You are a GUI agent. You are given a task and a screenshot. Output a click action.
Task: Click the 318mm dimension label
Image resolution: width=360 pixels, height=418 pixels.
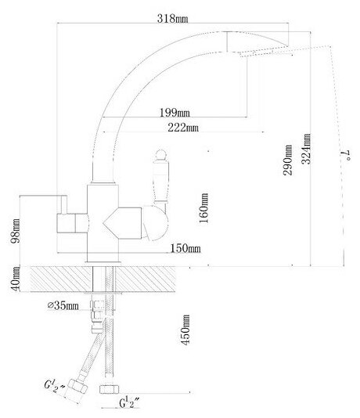coord(172,18)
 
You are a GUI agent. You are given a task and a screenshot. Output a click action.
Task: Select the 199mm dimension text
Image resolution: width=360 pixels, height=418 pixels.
coord(175,113)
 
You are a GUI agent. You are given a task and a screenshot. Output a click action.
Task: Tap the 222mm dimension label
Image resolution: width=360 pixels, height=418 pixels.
coord(183,128)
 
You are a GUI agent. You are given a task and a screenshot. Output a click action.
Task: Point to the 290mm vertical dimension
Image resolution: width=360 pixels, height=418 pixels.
coord(287,160)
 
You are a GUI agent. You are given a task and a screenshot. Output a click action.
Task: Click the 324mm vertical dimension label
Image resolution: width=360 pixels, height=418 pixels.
coord(306,149)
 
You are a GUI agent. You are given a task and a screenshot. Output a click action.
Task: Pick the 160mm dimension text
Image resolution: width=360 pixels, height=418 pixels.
coord(203,208)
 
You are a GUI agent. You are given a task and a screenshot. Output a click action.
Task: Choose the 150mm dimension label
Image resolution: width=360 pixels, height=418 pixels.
coord(185,248)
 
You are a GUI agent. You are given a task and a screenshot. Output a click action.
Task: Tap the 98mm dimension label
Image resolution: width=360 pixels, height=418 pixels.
coord(15,231)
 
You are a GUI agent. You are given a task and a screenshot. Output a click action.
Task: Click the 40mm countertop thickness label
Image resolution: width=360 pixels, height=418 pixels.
coord(15,279)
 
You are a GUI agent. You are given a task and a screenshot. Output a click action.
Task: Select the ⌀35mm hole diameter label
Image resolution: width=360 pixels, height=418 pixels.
coord(63,305)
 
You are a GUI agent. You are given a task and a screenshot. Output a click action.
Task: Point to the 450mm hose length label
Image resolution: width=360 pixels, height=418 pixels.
coord(185,330)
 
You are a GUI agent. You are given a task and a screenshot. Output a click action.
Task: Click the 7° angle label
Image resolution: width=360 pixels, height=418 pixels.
coord(346,156)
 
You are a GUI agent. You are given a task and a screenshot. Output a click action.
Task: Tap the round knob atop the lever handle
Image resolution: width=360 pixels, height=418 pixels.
coord(161,155)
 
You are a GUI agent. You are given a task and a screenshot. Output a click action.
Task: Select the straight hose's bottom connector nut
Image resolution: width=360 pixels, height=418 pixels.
coord(110,389)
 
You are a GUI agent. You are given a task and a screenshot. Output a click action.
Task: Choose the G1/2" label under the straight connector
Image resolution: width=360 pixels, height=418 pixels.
coord(129,402)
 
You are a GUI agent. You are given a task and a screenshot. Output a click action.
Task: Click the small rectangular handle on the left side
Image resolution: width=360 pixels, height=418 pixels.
coord(72,223)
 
